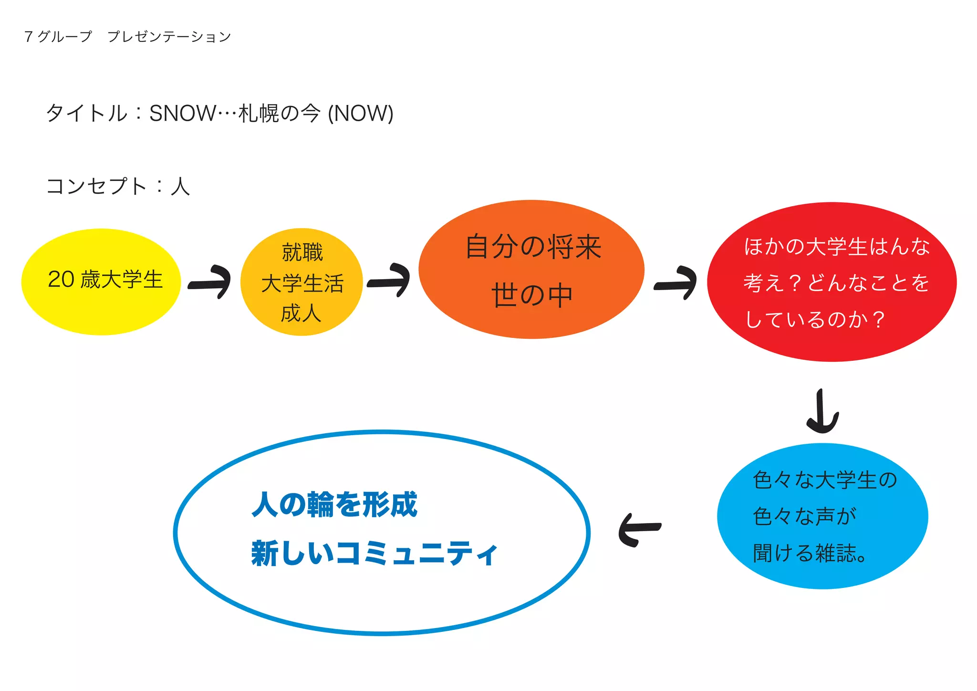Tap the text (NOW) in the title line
361,114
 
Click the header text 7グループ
58,37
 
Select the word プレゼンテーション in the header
169,37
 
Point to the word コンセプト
96,186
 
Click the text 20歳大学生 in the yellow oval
105,280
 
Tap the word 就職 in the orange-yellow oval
302,252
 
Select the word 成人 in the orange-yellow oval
301,314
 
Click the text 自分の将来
533,247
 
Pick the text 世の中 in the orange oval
532,295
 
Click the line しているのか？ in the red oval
815,319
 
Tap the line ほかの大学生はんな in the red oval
836,247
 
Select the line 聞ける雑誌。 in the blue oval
810,553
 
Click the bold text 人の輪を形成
334,505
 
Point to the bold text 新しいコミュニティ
374,554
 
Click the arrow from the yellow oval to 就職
210,282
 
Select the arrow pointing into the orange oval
389,281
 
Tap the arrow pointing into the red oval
676,283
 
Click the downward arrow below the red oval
822,411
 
